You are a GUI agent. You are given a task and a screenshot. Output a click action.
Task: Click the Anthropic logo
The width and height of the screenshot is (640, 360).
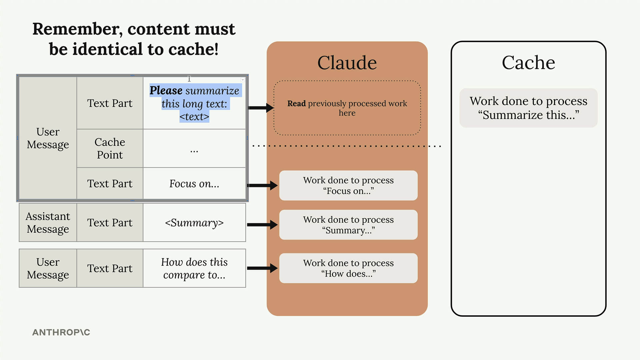coord(61,332)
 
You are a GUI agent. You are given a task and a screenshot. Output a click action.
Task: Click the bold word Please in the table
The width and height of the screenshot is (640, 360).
coord(166,91)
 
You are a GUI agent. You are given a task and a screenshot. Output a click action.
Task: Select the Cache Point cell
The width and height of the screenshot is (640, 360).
coord(110,148)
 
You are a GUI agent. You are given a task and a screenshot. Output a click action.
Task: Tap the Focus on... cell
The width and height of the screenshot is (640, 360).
coord(194,184)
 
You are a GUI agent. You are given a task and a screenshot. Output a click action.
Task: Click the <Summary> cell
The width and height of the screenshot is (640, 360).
coord(194,223)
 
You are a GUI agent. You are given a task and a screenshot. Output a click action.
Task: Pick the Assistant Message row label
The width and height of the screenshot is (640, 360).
coord(48,223)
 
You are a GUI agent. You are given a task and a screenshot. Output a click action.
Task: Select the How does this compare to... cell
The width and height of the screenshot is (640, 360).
coord(194,268)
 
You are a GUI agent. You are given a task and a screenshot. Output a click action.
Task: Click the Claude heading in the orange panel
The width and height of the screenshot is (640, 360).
coord(347,63)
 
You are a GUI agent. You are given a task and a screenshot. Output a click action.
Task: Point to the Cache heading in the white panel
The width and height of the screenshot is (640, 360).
coord(528,63)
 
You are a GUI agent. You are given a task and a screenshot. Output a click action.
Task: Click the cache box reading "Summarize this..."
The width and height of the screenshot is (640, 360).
coord(528,108)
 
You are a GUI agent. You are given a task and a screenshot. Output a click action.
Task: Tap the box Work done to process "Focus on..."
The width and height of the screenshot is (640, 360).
coord(348,186)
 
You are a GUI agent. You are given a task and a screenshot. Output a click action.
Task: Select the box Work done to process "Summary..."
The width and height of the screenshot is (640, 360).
coord(348,225)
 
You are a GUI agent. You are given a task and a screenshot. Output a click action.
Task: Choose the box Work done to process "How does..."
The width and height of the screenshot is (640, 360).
coord(348,268)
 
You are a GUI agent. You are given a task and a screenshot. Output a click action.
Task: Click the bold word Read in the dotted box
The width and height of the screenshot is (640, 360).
coord(296,104)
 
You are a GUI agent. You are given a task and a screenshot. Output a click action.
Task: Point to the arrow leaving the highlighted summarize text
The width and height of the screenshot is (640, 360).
coord(261,108)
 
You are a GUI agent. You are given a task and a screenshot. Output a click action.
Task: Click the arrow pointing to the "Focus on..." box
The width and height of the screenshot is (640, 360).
coord(262,185)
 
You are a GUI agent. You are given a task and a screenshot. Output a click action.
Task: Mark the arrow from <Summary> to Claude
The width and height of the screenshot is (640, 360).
coord(262,225)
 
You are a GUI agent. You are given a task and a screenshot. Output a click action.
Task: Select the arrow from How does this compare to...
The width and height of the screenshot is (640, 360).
coord(262,268)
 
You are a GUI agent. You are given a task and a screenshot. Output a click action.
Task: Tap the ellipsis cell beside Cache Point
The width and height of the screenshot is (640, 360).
coord(194,148)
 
